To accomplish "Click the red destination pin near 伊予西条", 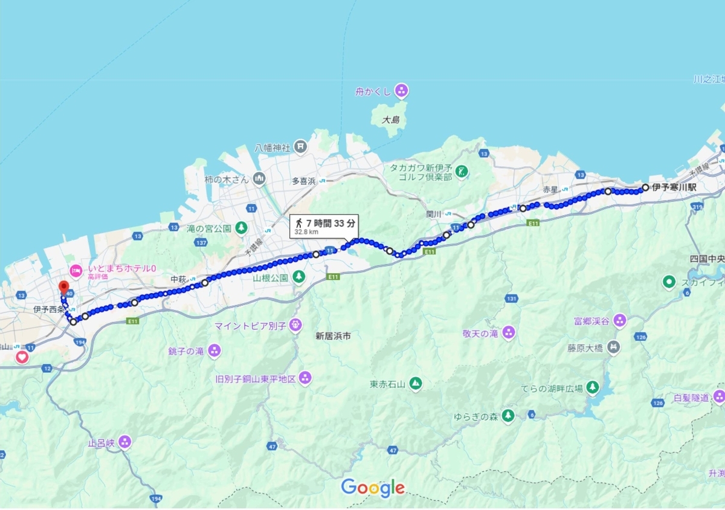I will coord(63,286).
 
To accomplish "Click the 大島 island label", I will coord(391,120).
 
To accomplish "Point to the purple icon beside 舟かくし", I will coord(401,91).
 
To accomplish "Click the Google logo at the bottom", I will coord(373,487).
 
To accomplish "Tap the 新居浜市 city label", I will coord(332,336).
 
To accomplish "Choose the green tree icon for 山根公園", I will coord(298,277).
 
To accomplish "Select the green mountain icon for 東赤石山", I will coord(415,383).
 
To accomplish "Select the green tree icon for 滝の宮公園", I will coord(242,228).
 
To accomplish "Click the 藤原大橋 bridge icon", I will coord(614,347).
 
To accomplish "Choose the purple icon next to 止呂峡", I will coord(124,442).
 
